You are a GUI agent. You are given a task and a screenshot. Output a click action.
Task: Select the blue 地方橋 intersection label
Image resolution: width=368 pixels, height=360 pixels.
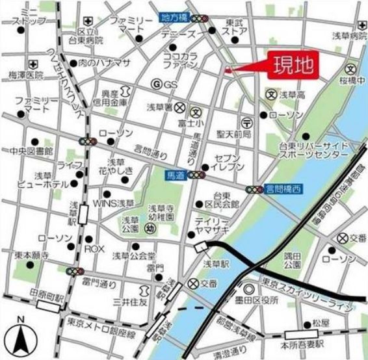pos(174,19)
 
